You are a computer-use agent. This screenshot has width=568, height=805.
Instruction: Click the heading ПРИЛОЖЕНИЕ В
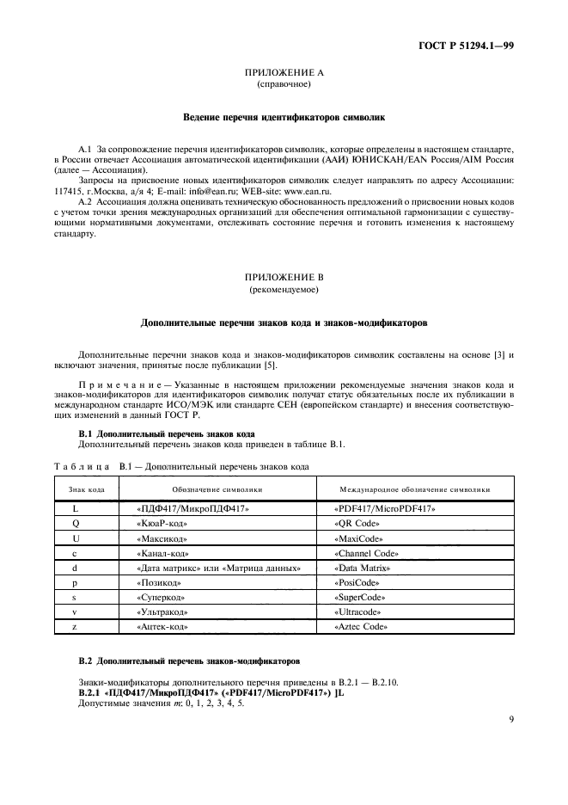click(284, 280)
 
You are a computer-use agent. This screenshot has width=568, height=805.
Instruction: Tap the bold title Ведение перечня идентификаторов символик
click(284, 115)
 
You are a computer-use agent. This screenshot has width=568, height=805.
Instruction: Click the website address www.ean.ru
click(327, 180)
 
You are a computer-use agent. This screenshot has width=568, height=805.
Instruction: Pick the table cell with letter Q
click(76, 523)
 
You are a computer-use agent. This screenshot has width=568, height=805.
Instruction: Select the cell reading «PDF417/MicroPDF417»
click(383, 508)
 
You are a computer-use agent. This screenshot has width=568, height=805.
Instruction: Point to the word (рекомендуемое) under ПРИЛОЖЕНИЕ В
click(284, 292)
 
